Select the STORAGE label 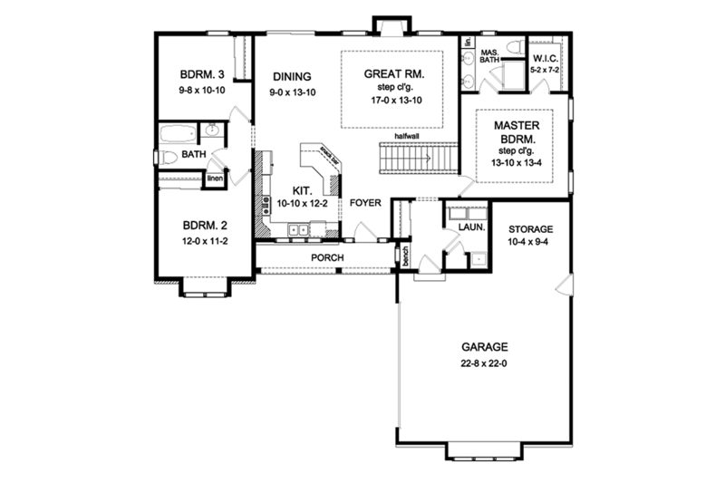(x=530, y=229)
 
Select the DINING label (x=290, y=77)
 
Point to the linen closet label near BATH (x=215, y=178)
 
